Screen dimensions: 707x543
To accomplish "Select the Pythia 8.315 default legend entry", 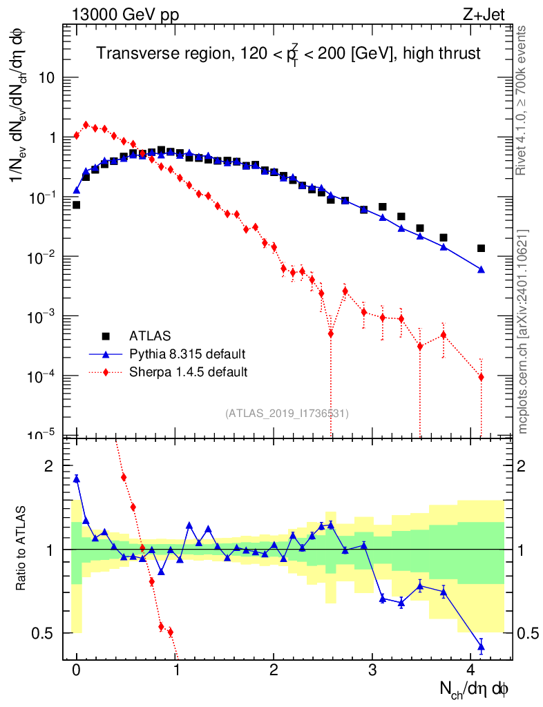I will click(x=187, y=354).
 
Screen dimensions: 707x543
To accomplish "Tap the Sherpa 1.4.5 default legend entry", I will click(x=189, y=372).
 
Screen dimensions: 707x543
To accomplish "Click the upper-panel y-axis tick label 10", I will click(x=47, y=78).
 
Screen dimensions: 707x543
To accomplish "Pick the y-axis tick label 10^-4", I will click(x=43, y=375).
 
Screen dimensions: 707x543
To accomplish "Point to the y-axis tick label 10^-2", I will click(x=43, y=256).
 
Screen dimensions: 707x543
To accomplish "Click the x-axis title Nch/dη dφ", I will click(x=475, y=690).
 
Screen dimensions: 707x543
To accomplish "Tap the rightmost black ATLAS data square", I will click(x=481, y=249).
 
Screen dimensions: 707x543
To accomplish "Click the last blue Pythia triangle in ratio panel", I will click(x=481, y=647).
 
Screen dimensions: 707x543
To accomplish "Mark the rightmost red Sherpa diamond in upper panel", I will click(x=481, y=377).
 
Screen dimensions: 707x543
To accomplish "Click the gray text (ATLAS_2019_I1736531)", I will click(x=287, y=414).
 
